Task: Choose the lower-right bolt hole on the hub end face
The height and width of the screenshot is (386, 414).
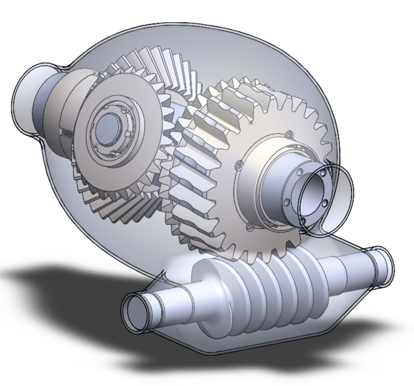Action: tap(325, 204)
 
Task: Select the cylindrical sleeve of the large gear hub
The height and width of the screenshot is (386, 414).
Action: tap(283, 187)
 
